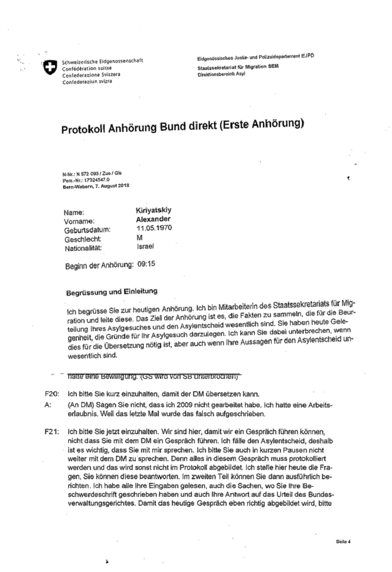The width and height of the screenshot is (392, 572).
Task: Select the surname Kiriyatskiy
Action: pyautogui.click(x=156, y=211)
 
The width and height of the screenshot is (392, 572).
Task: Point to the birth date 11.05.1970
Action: pyautogui.click(x=154, y=228)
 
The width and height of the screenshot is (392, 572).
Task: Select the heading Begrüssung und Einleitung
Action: pyautogui.click(x=111, y=292)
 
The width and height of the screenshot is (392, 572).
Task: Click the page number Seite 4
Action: pyautogui.click(x=343, y=541)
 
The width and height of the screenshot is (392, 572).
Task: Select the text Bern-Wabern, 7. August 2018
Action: pyautogui.click(x=95, y=186)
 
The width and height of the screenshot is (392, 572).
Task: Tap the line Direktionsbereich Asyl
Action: pyautogui.click(x=222, y=74)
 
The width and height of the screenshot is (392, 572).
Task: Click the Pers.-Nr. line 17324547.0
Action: pyautogui.click(x=87, y=180)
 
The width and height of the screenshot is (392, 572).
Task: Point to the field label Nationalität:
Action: pyautogui.click(x=83, y=249)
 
